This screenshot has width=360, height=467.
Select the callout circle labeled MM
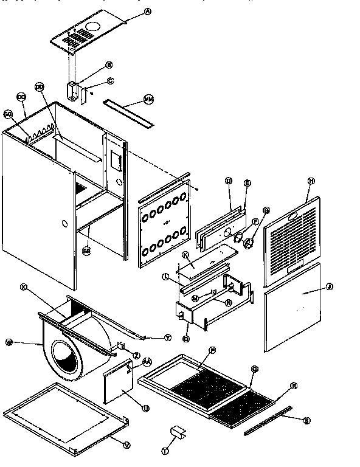149,98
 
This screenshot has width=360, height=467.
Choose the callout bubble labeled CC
21,97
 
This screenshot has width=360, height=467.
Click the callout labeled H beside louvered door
310,181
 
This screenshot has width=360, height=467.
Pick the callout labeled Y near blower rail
167,337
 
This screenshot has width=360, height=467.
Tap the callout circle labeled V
126,445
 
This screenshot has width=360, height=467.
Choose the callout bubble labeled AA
146,361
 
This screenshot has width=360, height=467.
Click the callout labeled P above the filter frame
213,350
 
